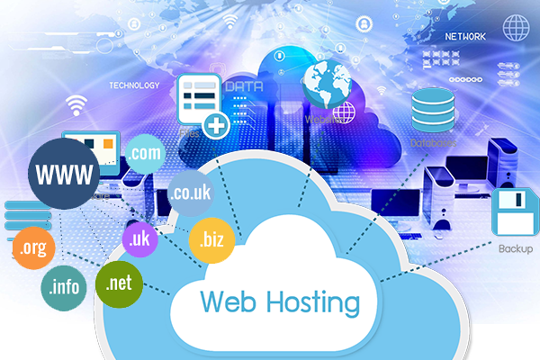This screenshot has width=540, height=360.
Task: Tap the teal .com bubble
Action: (145, 155)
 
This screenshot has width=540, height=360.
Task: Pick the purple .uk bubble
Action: (139, 238)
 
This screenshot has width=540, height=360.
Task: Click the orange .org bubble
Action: (34, 247)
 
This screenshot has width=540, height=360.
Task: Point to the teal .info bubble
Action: (64, 288)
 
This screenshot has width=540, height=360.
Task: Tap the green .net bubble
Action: (120, 283)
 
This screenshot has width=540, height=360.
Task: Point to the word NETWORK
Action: (465, 37)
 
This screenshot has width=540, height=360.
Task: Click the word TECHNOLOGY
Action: (134, 86)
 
